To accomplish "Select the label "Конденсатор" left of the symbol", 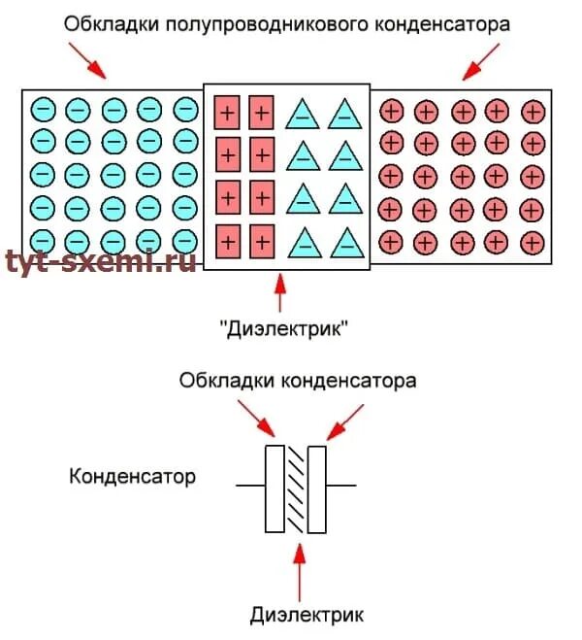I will (133, 477).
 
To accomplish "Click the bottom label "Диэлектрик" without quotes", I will (307, 614).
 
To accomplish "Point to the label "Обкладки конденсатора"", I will (298, 381).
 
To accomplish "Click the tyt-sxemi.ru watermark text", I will (100, 260).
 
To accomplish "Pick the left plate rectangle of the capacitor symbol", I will (275, 488).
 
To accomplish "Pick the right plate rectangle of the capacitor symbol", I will (316, 488).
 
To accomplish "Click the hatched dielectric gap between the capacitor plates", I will (296, 488).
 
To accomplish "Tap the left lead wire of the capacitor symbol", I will (251, 484).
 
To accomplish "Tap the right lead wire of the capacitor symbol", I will (340, 484).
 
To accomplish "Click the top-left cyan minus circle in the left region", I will (43, 109).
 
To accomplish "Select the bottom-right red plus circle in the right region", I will (532, 240).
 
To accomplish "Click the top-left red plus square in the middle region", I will (227, 112).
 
